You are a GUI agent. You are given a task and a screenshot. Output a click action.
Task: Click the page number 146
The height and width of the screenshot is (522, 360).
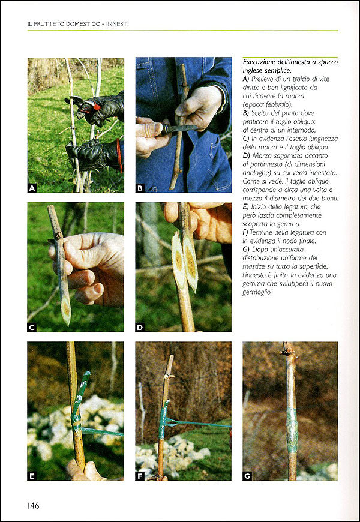[34, 506]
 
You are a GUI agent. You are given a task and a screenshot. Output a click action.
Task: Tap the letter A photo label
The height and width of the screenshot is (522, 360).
[32, 188]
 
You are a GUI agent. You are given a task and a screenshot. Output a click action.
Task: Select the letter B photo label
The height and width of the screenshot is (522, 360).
[140, 188]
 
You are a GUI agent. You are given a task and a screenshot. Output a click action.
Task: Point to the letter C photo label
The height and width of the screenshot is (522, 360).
[32, 328]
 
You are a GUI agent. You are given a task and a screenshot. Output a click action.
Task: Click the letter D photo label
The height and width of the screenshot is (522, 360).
[140, 328]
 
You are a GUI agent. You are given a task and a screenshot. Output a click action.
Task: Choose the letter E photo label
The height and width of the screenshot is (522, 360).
[32, 476]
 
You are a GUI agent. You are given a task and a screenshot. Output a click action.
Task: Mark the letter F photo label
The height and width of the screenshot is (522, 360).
[140, 476]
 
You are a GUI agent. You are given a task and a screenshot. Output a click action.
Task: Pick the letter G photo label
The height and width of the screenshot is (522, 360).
[247, 476]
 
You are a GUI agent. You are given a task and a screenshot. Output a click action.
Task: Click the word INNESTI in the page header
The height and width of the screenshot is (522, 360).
[120, 25]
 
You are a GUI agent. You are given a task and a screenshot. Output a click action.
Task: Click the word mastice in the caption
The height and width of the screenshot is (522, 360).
[253, 267]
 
